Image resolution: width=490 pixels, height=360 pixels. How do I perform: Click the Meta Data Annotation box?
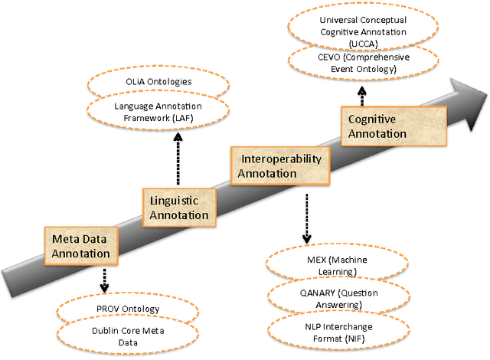pyautogui.click(x=80, y=243)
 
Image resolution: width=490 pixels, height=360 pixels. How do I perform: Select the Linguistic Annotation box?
pyautogui.click(x=178, y=208)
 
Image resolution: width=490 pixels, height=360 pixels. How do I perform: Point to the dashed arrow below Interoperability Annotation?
pyautogui.click(x=306, y=216)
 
